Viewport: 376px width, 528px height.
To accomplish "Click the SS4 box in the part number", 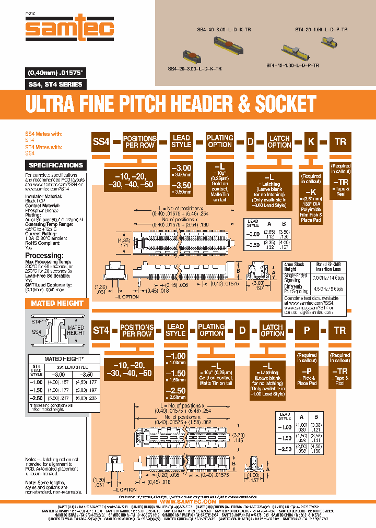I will [x=101, y=141].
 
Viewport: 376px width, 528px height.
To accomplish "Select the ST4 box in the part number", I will [x=101, y=330].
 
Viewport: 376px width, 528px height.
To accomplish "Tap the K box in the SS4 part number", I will [x=311, y=141].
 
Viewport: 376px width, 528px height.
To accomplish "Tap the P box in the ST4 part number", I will [x=306, y=330].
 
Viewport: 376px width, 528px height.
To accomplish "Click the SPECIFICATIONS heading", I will [x=56, y=165].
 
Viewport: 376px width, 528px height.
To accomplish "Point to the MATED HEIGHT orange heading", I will [x=57, y=303].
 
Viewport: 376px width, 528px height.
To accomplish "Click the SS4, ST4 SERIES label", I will [x=54, y=84].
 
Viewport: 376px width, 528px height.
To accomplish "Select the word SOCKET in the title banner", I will [x=286, y=104].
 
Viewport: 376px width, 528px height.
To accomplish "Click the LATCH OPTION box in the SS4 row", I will [x=279, y=141].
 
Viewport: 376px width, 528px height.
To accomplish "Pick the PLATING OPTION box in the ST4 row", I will [x=211, y=330].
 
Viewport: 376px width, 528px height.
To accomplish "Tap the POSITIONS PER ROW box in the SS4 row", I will [x=139, y=141].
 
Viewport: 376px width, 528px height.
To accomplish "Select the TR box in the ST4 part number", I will [x=340, y=330].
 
